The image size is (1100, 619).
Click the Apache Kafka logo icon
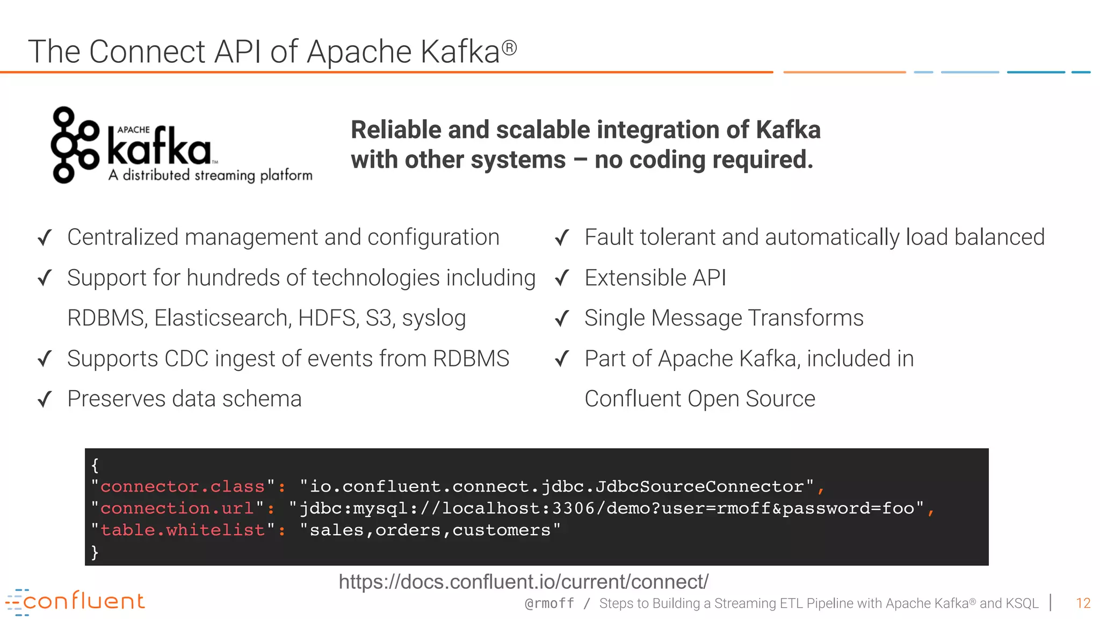[75, 145]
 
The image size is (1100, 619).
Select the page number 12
[1083, 603]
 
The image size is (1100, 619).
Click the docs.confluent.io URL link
[524, 582]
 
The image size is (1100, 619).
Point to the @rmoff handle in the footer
[549, 604]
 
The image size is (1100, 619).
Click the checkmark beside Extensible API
[562, 278]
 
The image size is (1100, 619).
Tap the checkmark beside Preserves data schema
[45, 399]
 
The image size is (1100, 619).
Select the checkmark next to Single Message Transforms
[562, 319]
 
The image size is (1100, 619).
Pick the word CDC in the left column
[186, 359]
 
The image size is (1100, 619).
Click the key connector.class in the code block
[183, 487]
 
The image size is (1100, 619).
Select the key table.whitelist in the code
[183, 530]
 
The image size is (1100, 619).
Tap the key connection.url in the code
[177, 508]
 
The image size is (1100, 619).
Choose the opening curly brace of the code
[95, 465]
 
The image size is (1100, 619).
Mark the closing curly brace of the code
[95, 552]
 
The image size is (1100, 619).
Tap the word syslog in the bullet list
[433, 318]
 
